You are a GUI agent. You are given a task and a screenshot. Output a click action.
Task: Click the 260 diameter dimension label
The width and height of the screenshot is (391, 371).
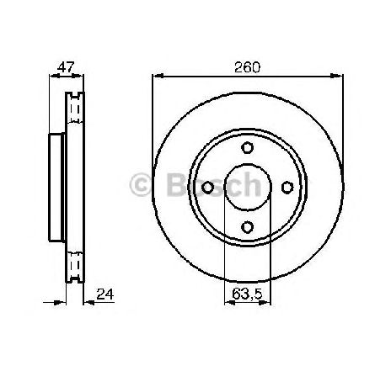click(248, 67)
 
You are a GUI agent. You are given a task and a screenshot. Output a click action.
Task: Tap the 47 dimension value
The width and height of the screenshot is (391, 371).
click(66, 67)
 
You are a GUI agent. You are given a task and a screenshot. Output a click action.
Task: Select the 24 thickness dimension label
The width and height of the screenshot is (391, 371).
click(105, 294)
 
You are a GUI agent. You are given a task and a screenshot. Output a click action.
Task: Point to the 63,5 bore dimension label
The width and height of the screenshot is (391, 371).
click(247, 294)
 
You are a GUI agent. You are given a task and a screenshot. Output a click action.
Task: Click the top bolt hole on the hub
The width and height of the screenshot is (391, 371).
click(248, 147)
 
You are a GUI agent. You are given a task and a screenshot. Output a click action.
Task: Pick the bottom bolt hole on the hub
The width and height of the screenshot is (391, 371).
click(248, 227)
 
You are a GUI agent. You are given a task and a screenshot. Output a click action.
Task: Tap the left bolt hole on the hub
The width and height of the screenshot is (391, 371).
click(208, 188)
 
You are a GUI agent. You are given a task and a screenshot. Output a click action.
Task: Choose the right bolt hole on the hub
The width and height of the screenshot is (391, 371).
click(287, 188)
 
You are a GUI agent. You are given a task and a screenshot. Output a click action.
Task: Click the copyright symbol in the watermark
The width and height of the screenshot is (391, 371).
click(140, 186)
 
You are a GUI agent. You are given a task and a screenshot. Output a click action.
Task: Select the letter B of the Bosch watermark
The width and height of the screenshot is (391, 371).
click(175, 185)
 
